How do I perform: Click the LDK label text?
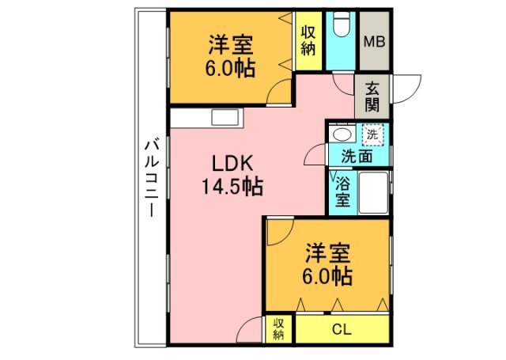pos(231,164)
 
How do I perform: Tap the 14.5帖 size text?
pos(231,188)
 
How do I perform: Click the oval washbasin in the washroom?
pos(340,135)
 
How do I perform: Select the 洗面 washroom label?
pos(357,157)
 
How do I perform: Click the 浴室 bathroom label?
pos(342,192)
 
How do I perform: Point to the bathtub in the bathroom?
pos(373,192)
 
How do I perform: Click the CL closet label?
pos(342,329)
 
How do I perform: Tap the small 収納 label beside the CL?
pos(279,329)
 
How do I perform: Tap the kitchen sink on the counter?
pos(224,118)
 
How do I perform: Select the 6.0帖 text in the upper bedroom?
pos(232,69)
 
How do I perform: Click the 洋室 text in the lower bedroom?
pos(328,255)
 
